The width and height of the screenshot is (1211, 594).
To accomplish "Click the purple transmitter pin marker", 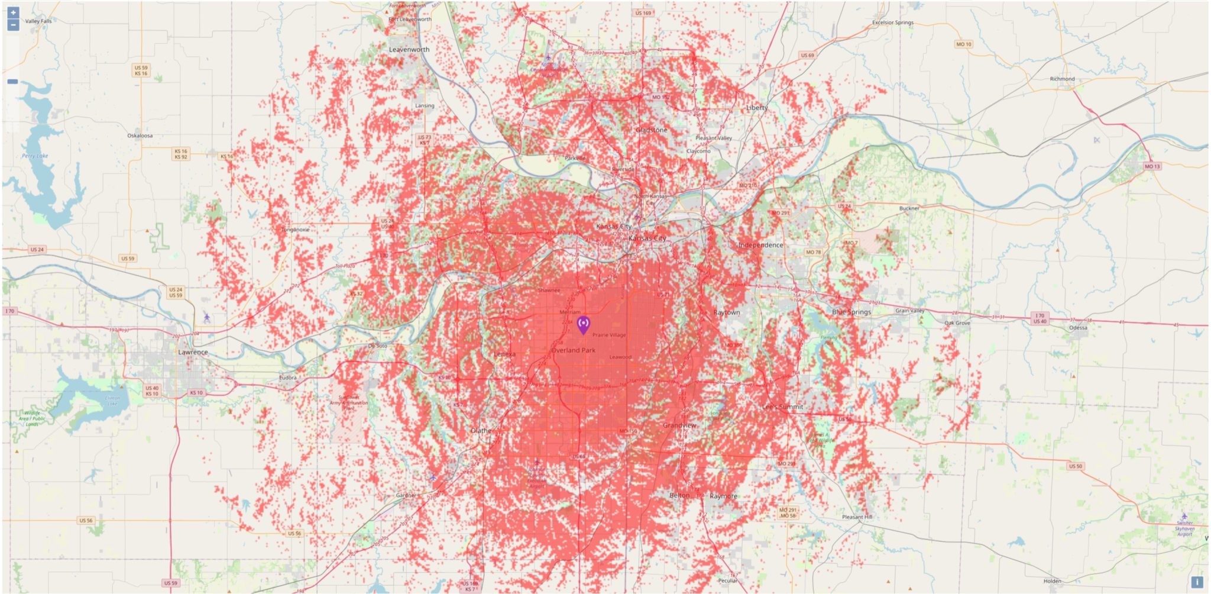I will click(583, 324).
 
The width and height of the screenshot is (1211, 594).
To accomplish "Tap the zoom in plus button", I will click(13, 12).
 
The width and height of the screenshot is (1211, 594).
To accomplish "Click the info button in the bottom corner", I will click(1196, 582).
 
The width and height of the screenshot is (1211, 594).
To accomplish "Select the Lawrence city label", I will click(193, 352).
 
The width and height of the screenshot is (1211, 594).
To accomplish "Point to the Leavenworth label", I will click(409, 50).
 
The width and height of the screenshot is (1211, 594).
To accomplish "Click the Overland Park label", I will click(573, 350).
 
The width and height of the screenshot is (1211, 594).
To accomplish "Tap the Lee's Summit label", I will click(782, 407).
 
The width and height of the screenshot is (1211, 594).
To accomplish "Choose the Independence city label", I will click(760, 245).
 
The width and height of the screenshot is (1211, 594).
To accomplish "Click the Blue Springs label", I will click(851, 312).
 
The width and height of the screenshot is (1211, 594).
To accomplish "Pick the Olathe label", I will click(481, 430).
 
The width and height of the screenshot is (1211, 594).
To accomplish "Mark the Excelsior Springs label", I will click(892, 22).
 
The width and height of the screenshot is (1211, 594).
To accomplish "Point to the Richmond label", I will click(1062, 79).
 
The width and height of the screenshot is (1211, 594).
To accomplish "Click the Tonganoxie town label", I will click(295, 230).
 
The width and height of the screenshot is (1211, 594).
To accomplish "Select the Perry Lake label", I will click(35, 156).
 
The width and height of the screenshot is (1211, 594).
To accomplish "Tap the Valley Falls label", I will click(38, 21).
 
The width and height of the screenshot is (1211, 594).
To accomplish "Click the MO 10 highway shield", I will click(963, 44).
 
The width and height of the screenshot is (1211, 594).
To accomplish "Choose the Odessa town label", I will click(1077, 328).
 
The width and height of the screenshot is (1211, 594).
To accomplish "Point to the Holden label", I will click(1052, 581).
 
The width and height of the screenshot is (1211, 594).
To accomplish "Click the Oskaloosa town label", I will click(140, 136).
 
